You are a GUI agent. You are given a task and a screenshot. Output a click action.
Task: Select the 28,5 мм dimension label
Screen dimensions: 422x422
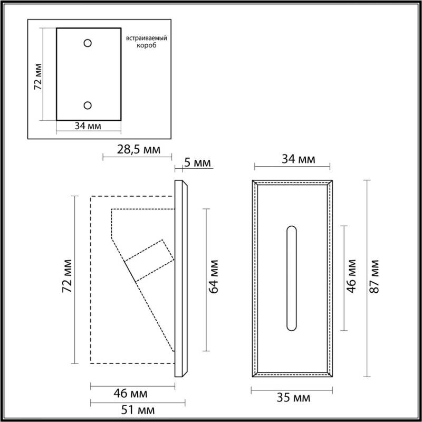click(138, 149)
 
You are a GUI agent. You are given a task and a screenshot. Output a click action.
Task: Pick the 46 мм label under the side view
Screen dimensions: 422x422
click(132, 394)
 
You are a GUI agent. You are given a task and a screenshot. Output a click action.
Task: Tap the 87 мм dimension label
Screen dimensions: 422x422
click(376, 276)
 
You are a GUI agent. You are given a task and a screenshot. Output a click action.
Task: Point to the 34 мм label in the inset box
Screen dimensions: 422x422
click(89, 126)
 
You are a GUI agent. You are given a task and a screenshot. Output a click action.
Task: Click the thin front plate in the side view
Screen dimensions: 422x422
click(181, 278)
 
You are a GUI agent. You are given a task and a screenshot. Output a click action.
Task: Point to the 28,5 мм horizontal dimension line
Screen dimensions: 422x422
click(137, 156)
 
